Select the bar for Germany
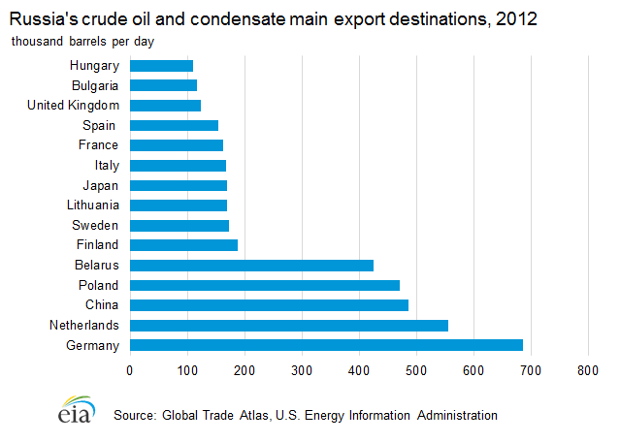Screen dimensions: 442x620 click(x=326, y=345)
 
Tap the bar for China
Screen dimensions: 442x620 click(x=269, y=304)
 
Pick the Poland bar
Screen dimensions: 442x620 click(x=265, y=285)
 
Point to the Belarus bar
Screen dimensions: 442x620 click(x=251, y=265)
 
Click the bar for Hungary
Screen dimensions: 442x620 click(x=161, y=66)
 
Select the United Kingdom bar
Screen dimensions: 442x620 click(x=165, y=106)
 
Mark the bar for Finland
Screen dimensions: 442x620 click(x=183, y=245)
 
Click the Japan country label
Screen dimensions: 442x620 click(x=101, y=185)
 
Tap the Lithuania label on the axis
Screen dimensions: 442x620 click(x=93, y=205)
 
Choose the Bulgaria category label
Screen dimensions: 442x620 click(x=95, y=85)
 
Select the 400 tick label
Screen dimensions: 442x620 click(x=359, y=369)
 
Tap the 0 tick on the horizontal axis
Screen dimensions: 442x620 click(x=130, y=369)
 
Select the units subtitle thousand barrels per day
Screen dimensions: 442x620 click(x=82, y=42)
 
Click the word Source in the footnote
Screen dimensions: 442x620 click(x=135, y=415)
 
